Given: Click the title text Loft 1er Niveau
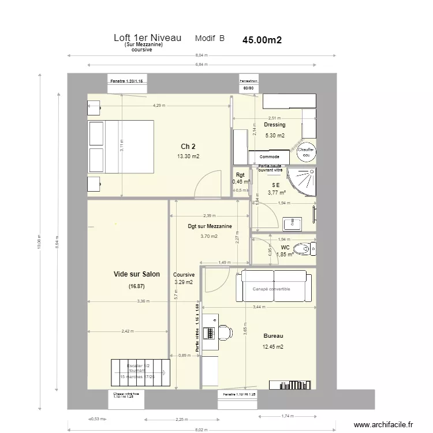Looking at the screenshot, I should point(148,38).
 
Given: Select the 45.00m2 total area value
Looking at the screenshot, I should point(262,40).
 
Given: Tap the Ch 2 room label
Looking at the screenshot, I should point(188,146).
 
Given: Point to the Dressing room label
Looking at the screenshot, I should point(275,125).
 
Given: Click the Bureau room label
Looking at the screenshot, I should point(273,335).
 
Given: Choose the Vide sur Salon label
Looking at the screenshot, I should point(137,274).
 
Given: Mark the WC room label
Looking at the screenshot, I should point(285,247).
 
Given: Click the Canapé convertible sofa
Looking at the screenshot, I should point(274,288).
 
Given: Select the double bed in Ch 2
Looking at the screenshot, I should point(120,146).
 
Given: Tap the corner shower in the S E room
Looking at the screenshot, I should point(304,180).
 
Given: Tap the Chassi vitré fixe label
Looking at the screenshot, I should point(128,395).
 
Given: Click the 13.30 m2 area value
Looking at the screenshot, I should point(188,156).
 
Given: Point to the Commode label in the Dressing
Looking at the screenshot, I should point(270,156).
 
